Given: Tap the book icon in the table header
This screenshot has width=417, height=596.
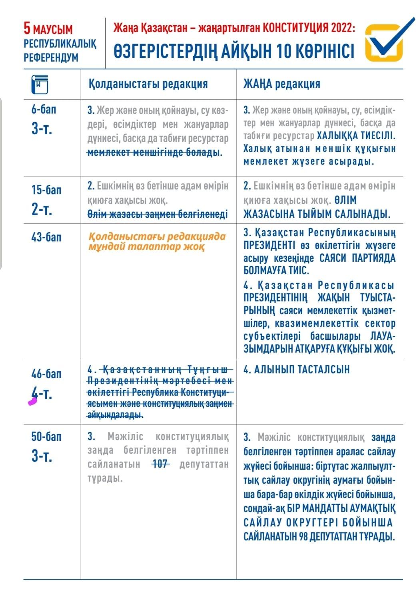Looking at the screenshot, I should pos(39,84).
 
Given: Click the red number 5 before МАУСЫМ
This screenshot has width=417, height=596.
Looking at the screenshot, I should pos(27,28).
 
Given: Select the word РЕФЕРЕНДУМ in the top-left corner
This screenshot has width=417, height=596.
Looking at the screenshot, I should pos(51,58).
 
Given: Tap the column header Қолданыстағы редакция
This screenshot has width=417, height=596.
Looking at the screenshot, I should pos(148,84).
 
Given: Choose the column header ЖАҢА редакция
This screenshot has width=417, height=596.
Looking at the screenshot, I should pos(282,84).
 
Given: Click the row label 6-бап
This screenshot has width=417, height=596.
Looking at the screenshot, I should pos(44,110).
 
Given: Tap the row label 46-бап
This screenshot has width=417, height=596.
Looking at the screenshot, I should pos(46,373).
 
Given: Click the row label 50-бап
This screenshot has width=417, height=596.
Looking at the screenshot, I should pos(46,436).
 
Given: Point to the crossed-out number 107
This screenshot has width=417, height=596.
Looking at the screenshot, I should pos(160,464).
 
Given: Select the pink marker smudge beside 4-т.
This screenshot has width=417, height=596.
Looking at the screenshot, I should pos(32,402).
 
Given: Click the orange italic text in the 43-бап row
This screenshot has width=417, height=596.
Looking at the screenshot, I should pos(157,241).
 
